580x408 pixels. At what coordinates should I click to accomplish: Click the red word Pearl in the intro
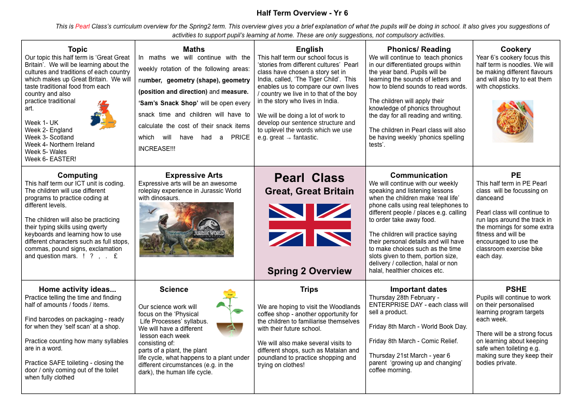[x=82, y=26]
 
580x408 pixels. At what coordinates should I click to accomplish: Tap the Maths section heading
[x=194, y=49]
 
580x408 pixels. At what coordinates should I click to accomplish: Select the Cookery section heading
[x=516, y=49]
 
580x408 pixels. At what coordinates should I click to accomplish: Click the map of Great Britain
[x=104, y=115]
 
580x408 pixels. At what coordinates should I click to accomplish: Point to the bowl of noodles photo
[x=513, y=121]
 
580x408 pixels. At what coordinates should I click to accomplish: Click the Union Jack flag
[x=309, y=225]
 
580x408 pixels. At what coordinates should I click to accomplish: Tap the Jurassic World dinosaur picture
[x=186, y=229]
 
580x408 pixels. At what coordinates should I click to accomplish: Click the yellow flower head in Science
[x=230, y=294]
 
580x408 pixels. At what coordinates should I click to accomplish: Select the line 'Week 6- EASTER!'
[x=50, y=159]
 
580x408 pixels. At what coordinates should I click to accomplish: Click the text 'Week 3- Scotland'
[x=49, y=137]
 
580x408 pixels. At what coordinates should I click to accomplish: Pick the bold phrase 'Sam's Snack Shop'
[x=169, y=103]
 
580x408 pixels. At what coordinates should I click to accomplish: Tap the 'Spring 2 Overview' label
[x=309, y=271]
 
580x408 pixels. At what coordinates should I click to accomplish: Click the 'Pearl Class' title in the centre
[x=309, y=178]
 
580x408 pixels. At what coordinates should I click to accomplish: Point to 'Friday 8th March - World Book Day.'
[x=418, y=327]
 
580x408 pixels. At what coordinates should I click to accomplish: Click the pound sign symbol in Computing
[x=115, y=256]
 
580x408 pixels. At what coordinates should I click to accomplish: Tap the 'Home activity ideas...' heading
[x=77, y=289]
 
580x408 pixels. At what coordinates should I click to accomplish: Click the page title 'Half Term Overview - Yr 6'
[x=302, y=13]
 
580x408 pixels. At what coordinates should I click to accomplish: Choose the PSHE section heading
[x=516, y=289]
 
